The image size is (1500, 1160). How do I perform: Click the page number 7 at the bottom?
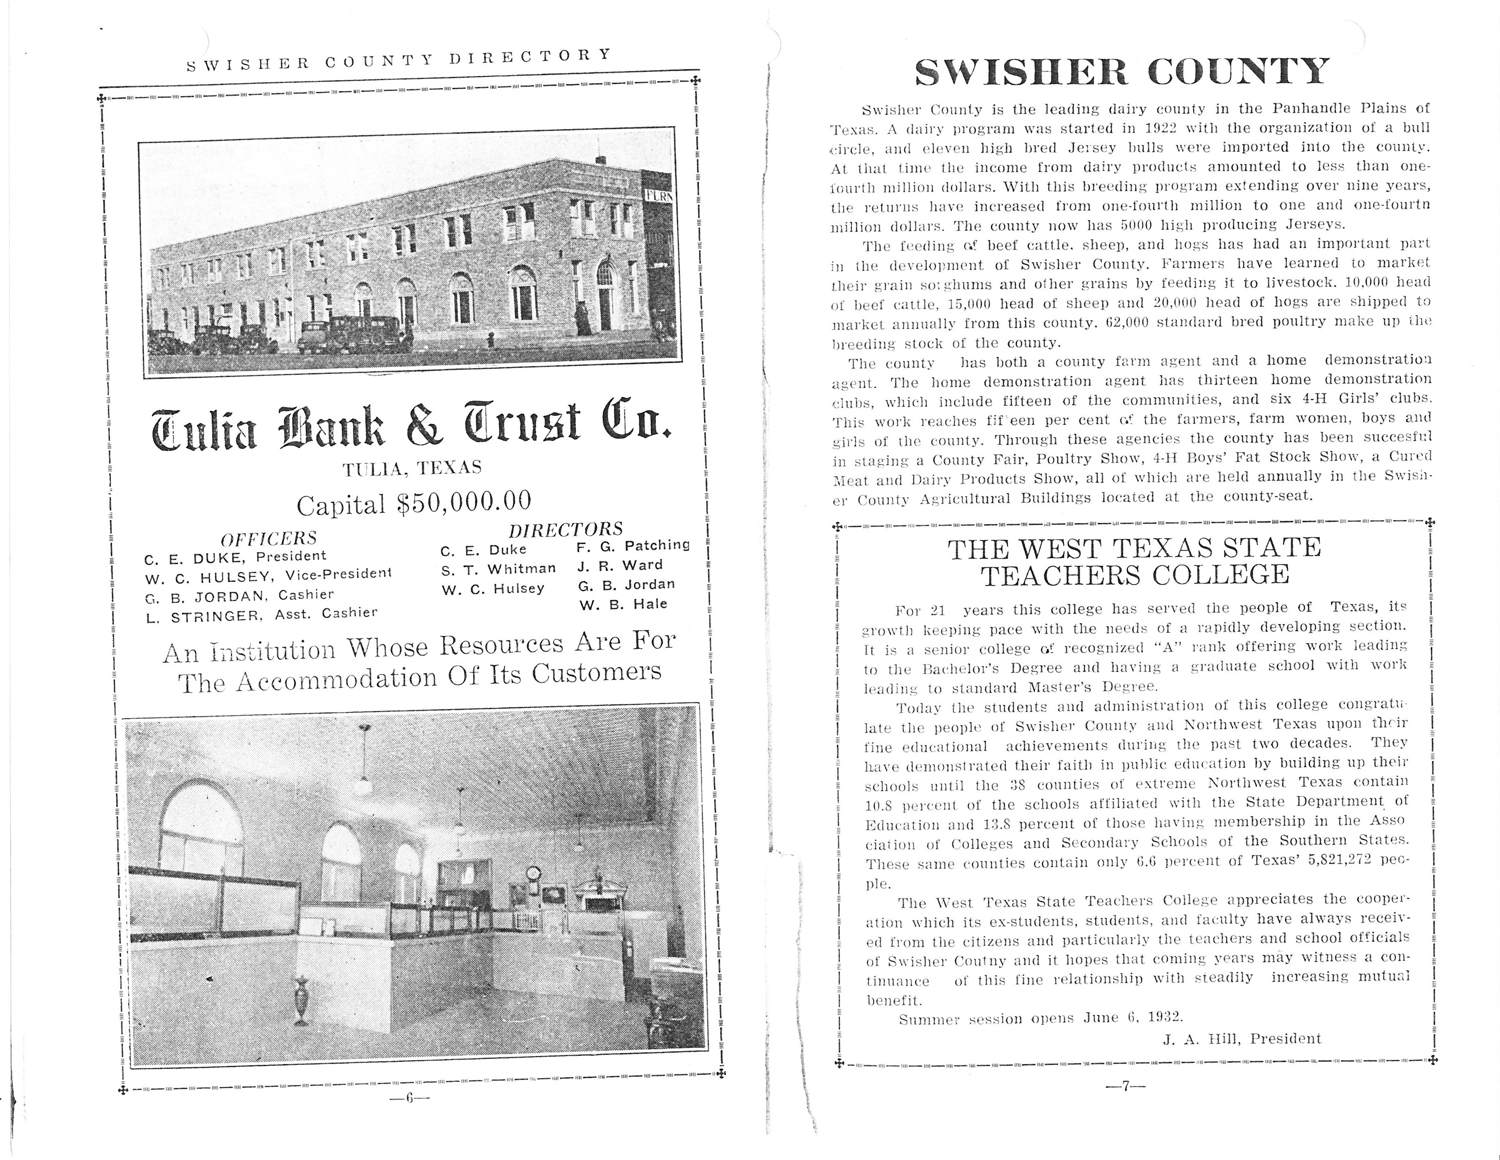1125,1086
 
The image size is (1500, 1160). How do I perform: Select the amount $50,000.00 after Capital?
464,502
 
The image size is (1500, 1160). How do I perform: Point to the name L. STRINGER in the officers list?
204,616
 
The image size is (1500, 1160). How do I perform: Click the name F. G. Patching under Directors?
633,545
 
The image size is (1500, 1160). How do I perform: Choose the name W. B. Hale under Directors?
623,605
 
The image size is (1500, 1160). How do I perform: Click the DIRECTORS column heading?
565,529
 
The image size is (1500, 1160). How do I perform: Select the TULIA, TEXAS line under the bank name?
412,469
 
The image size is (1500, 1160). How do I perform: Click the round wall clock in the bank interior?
533,873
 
